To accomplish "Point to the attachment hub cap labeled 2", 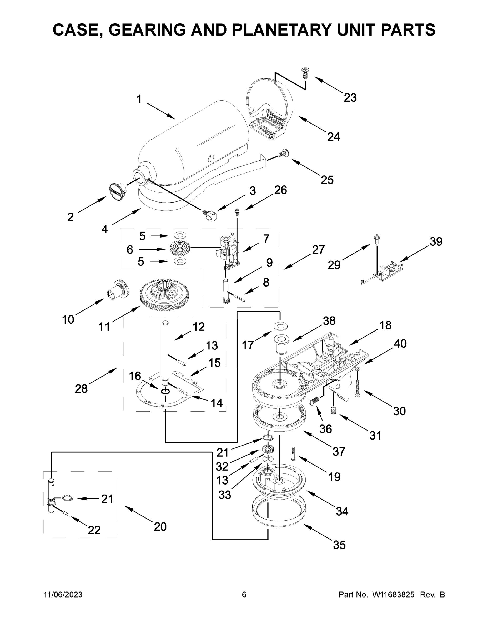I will pos(117,191).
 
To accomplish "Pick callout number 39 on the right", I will pos(436,242).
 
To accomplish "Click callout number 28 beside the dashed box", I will pos(81,389).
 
